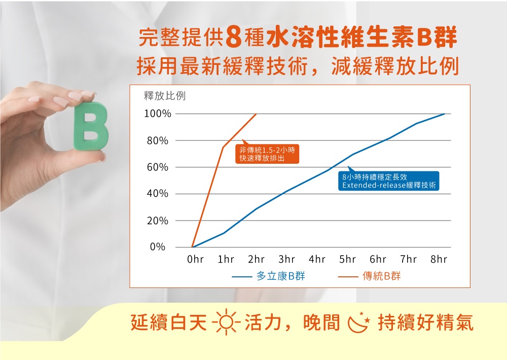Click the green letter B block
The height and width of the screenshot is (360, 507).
pyautogui.click(x=91, y=126)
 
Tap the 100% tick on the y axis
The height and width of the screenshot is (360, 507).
pyautogui.click(x=158, y=114)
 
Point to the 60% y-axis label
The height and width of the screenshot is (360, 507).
pyautogui.click(x=158, y=167)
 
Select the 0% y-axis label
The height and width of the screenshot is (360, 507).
pyautogui.click(x=158, y=247)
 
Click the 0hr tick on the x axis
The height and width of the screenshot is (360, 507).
pyautogui.click(x=196, y=259)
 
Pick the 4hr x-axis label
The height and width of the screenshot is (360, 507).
pyautogui.click(x=317, y=259)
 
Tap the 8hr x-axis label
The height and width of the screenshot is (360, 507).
pyautogui.click(x=439, y=259)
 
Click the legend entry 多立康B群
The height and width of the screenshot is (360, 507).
pyautogui.click(x=268, y=276)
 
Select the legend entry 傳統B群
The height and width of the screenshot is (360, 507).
pyautogui.click(x=369, y=276)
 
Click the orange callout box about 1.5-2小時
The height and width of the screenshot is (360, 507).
pyautogui.click(x=267, y=154)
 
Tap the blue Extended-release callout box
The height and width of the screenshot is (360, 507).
pyautogui.click(x=389, y=181)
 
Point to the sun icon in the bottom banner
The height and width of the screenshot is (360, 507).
pyautogui.click(x=226, y=322)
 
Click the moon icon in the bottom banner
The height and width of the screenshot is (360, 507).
pyautogui.click(x=358, y=322)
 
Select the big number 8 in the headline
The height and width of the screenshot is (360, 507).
pyautogui.click(x=234, y=38)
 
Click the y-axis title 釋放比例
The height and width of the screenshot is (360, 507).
pyautogui.click(x=165, y=96)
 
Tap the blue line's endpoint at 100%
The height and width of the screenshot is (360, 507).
pyautogui.click(x=444, y=114)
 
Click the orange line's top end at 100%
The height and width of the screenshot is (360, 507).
pyautogui.click(x=256, y=114)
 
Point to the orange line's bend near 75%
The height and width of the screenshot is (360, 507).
pyautogui.click(x=223, y=147)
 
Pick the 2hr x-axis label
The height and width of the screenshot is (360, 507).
pyautogui.click(x=256, y=259)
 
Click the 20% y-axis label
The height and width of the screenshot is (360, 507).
pyautogui.click(x=158, y=221)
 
